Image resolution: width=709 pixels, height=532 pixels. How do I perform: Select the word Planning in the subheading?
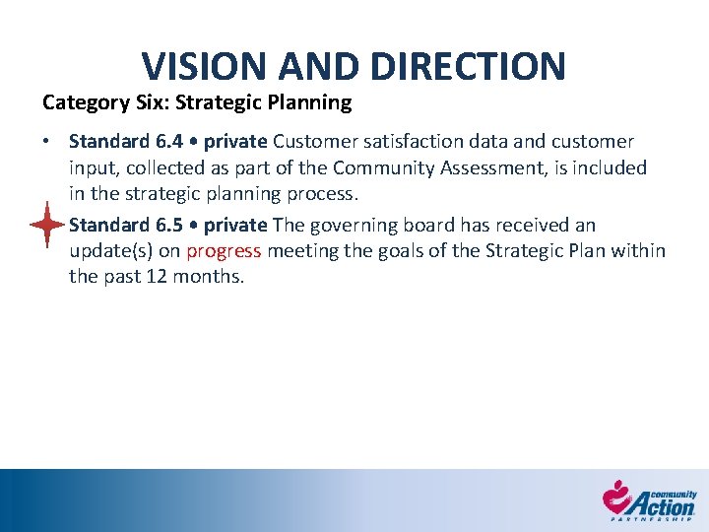click(x=315, y=101)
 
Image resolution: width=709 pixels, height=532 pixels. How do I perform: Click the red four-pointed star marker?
click(x=46, y=225)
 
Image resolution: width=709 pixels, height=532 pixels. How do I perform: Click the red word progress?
click(x=224, y=250)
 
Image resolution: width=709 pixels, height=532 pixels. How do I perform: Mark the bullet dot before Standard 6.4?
click(x=47, y=142)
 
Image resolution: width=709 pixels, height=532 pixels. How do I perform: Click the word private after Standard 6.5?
click(x=236, y=225)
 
